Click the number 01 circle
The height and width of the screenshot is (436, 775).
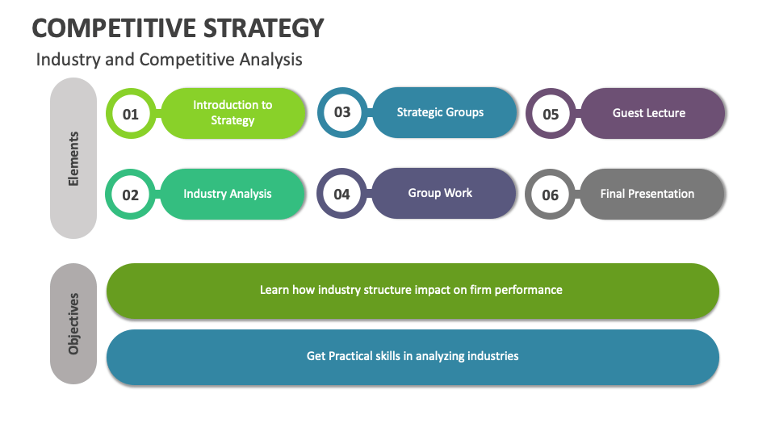(131, 114)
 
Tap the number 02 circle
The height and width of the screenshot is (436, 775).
(131, 195)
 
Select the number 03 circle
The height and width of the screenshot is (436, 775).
(342, 112)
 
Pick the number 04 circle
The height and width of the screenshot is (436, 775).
(341, 194)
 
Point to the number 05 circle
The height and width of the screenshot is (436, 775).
(551, 114)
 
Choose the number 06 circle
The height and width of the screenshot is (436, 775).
(550, 195)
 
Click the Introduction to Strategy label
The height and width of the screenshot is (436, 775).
(232, 112)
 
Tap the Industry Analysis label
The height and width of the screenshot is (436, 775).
(228, 194)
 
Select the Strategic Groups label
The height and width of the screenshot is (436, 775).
(440, 112)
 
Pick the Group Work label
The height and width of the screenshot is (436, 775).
(440, 193)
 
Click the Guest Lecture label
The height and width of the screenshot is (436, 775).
(649, 113)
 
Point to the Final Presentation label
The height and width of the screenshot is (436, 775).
(647, 194)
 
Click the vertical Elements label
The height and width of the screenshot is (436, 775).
(73, 159)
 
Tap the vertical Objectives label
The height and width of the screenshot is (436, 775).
(73, 324)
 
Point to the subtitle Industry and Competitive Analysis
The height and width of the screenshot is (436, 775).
(170, 60)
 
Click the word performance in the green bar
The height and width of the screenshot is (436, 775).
(529, 289)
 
